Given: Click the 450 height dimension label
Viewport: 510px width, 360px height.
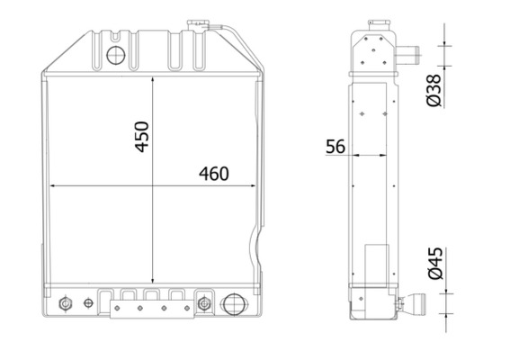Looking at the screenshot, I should coord(141,135).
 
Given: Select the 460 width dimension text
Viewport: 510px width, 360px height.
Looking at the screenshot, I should coord(213,173).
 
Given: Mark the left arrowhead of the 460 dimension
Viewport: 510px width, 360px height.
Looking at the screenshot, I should coord(52,186).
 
